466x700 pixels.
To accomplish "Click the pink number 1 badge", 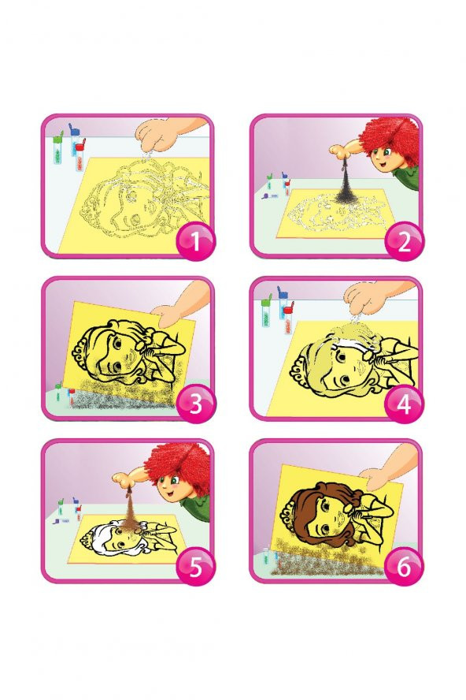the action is point(195,241).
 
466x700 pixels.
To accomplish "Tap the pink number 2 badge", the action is point(404,241).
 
